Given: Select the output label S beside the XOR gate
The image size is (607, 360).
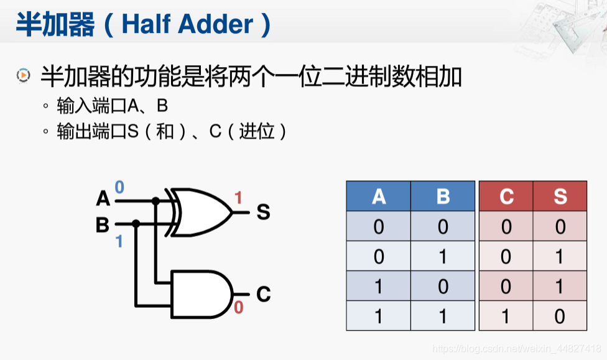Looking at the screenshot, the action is (263, 213).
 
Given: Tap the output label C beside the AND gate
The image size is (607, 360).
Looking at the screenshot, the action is (263, 293).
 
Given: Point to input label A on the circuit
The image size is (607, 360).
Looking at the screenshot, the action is (103, 199).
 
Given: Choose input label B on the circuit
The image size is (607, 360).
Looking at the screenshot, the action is (103, 224).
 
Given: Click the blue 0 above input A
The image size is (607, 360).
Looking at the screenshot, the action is (119, 187).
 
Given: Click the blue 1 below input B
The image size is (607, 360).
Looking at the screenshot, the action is (119, 241).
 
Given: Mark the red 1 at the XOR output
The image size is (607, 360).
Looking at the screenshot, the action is (238, 198).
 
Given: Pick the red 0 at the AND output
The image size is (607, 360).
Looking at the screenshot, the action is (239, 307).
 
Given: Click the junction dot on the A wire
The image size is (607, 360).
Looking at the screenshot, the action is (156, 201).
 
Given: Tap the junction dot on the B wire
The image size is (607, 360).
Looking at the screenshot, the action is (136, 223).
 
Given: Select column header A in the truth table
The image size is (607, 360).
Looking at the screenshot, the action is (378, 196).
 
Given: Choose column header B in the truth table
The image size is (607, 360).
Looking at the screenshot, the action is (443, 196).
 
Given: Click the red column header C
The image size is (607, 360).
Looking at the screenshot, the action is (506, 196).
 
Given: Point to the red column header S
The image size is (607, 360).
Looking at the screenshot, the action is (560, 196).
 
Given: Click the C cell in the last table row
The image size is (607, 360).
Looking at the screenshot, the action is (506, 316).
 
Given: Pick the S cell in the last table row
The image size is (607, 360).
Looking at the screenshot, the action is (560, 316).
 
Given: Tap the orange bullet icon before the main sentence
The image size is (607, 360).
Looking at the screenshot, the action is (23, 76).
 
